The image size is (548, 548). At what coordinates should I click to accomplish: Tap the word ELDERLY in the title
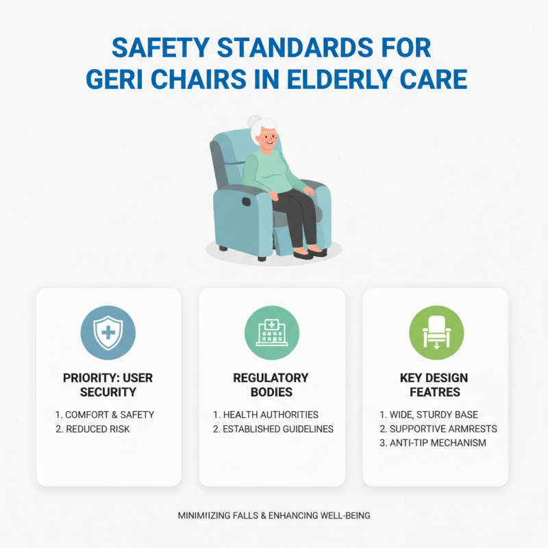[365, 79]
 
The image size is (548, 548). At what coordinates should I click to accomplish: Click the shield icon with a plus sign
[109, 334]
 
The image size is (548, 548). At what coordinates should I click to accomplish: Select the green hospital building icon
[272, 334]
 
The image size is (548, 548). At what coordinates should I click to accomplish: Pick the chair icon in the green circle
[436, 334]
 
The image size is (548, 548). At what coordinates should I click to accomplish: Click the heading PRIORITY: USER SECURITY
[109, 385]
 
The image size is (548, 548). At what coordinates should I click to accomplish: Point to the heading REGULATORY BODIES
[271, 385]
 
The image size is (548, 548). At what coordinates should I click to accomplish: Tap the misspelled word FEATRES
[436, 393]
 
